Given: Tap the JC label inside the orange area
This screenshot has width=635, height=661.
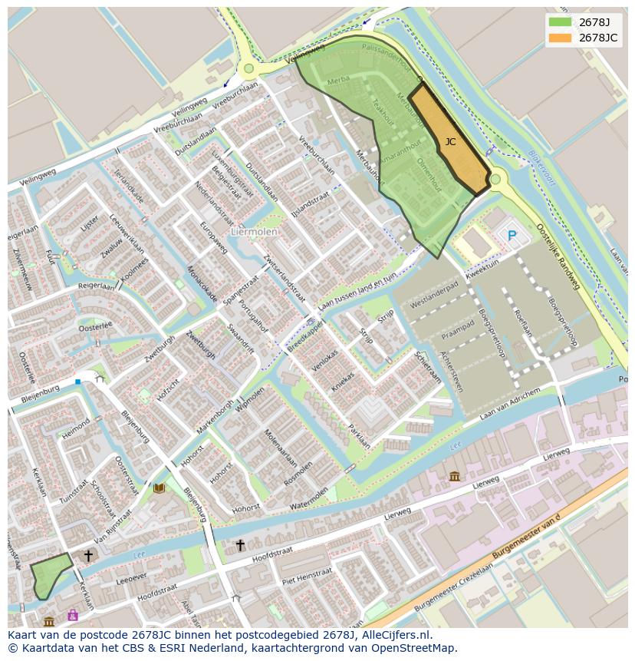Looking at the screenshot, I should [x=450, y=142].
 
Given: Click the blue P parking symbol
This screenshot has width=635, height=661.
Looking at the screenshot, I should [x=512, y=236].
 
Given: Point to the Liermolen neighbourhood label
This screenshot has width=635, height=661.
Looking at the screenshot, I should [x=254, y=230].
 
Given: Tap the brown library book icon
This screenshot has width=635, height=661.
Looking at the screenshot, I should [x=159, y=488].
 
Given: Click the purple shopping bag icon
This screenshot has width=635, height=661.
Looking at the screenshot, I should [x=73, y=615].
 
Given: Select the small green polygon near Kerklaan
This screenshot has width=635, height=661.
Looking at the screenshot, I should [x=48, y=577].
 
